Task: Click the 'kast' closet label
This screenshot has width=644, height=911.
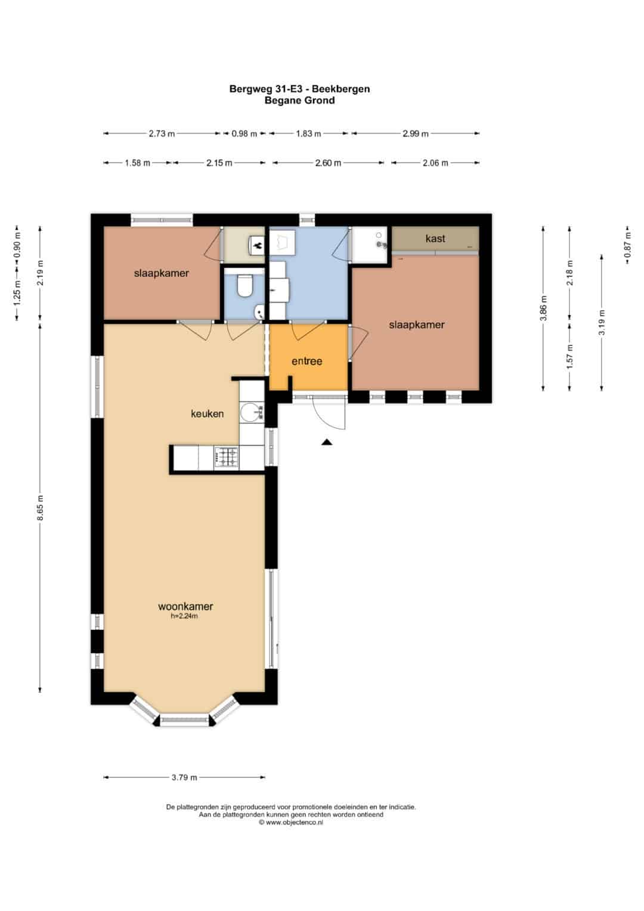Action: (435, 238)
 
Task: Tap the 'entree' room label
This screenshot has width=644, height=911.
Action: (307, 361)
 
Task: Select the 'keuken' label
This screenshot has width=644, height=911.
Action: (208, 413)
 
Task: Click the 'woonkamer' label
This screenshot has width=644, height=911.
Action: (185, 606)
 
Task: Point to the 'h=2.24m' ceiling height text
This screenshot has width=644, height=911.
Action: (184, 616)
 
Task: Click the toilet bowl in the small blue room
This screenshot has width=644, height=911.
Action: (244, 286)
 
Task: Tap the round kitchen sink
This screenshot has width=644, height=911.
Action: (249, 413)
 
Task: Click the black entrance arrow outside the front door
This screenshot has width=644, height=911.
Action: (327, 443)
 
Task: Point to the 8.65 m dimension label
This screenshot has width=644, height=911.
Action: (40, 508)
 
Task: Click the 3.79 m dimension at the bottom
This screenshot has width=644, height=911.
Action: (184, 777)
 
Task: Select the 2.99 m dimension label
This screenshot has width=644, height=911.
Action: (416, 134)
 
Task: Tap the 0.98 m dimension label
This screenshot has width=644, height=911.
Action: (244, 134)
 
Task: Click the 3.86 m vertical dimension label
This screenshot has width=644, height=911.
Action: (543, 308)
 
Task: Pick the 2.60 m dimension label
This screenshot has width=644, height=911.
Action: (328, 163)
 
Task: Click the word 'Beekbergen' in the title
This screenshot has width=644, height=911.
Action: (340, 89)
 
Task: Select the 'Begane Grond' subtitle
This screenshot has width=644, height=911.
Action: (299, 100)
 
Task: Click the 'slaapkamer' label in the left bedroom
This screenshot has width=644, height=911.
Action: (162, 273)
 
